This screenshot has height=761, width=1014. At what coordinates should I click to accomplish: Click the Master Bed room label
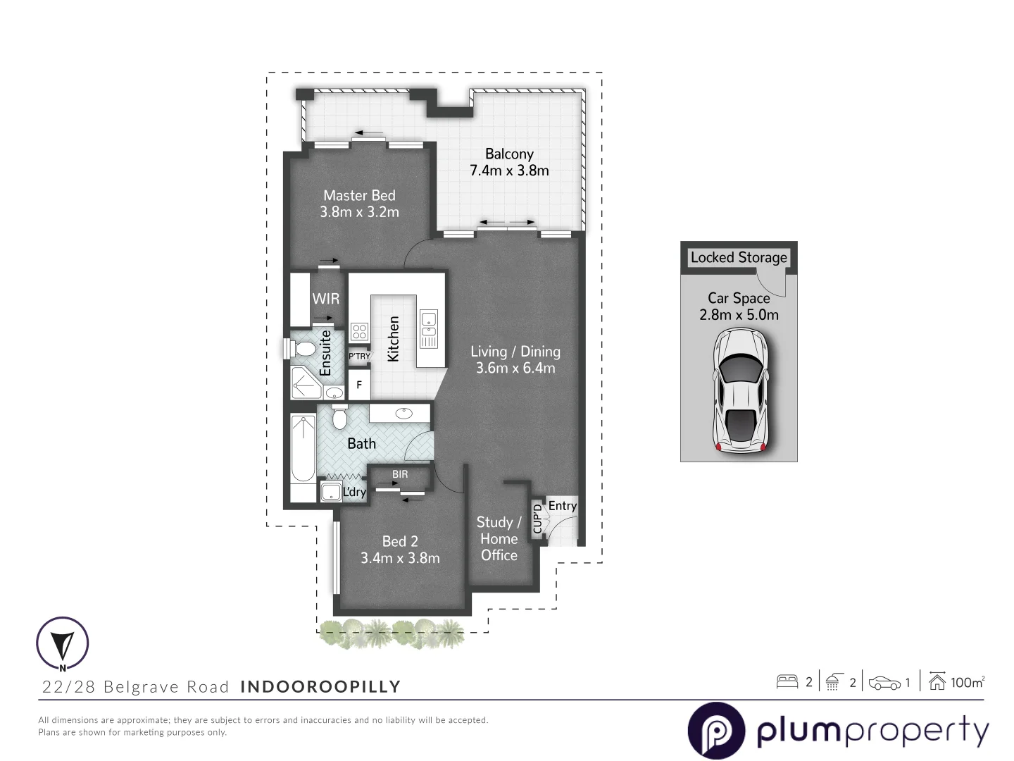pos(359,196)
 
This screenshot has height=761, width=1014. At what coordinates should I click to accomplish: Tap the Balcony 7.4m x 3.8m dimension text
pos(509,171)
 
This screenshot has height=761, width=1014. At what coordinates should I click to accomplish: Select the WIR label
pos(326,299)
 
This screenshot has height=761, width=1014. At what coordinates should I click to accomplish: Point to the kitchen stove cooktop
pos(359,331)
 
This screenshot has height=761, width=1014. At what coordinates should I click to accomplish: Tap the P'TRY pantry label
pos(359,357)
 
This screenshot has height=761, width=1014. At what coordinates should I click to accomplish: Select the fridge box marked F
pos(359,385)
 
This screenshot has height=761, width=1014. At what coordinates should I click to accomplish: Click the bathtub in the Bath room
pos(303,457)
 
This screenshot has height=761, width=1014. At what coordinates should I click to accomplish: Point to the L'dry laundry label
pos(354,492)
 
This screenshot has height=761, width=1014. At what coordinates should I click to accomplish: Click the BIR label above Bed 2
pos(400,474)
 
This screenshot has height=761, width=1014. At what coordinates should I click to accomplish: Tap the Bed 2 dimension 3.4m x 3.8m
pos(400,558)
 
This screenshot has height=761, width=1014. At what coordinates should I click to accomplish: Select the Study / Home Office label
pos(499,538)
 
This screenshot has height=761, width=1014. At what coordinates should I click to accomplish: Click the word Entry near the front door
pos(562,506)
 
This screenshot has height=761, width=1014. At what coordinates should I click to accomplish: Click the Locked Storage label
pos(739,257)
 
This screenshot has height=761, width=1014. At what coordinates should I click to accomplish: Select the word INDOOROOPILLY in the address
pos(320,686)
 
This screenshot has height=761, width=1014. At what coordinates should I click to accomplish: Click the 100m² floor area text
pos(967,682)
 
